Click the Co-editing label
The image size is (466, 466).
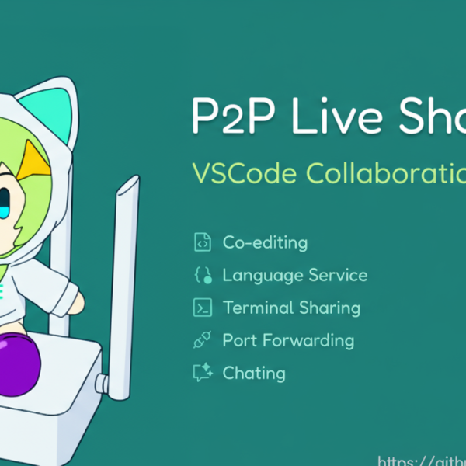point(265,242)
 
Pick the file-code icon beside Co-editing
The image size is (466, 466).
point(202,242)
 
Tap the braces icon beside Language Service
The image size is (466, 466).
point(202,275)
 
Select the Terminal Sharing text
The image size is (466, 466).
point(291,308)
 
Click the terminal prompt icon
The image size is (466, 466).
point(202,308)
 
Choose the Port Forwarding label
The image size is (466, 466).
point(287,340)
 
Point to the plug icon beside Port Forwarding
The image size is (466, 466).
point(202,340)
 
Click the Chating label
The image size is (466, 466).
point(254,373)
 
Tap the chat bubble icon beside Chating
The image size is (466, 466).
point(202,373)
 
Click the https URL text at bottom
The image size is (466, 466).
point(423,460)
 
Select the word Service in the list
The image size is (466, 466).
point(338,275)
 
